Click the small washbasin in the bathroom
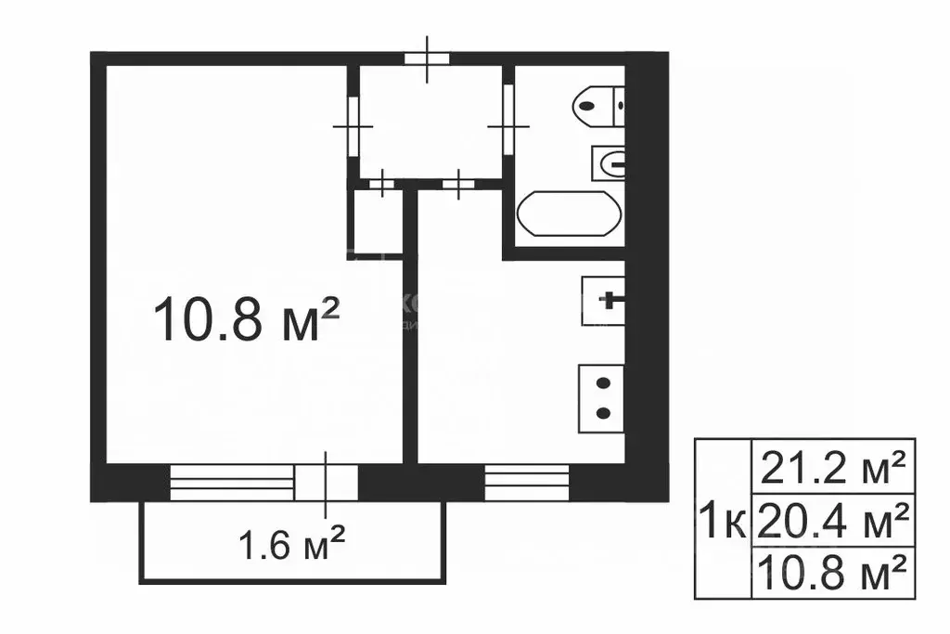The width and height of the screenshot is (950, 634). click(609, 165)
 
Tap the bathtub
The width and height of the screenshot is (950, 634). click(567, 215)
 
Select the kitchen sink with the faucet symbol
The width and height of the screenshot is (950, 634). click(604, 301)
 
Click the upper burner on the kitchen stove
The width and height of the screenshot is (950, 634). click(603, 383)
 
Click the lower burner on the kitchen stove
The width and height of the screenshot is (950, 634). click(603, 413)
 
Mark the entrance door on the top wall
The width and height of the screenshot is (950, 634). click(427, 58)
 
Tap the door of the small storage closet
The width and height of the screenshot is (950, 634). click(381, 184)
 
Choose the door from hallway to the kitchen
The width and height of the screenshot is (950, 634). click(458, 184)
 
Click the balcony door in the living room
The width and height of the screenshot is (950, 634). click(326, 482)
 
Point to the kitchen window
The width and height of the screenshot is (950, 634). click(526, 482)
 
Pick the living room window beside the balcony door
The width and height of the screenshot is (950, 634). click(231, 482)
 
